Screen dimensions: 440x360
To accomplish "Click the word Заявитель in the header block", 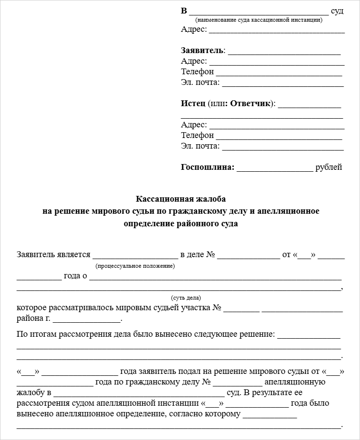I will pos(202,51).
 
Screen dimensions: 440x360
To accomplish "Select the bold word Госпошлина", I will pos(207,167).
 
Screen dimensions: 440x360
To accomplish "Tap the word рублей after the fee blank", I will pos(329,167).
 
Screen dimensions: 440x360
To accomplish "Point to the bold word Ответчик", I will pos(250,103).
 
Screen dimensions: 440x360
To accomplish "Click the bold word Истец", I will pos(193,103).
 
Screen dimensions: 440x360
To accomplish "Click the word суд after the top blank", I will pos(337,11).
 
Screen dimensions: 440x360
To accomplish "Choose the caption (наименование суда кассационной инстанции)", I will pos(259,20).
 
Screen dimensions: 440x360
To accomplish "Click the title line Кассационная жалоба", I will pos(180,199).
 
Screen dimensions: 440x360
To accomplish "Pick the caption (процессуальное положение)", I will pos(135,266).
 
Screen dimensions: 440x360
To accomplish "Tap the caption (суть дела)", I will pos(186,298).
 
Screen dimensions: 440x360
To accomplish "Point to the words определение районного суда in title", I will pos(180,224).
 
